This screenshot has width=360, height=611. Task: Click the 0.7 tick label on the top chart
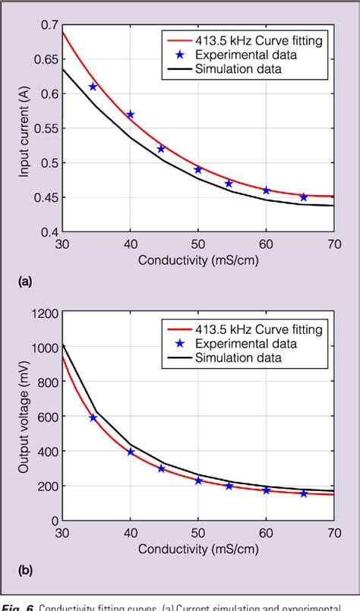coord(49,25)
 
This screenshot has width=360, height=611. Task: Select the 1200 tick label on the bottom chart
coord(44,313)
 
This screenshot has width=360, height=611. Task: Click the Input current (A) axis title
coord(24,128)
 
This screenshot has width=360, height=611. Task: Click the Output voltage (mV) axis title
coord(24,417)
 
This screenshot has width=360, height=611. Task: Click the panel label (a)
coord(26,282)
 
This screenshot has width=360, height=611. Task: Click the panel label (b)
coord(26,570)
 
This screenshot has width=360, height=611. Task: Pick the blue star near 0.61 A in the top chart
coord(93,87)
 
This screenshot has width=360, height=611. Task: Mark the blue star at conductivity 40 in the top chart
coord(131,115)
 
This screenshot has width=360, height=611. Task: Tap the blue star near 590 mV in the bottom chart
coord(93,417)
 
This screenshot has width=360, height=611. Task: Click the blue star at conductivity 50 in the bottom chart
coord(198,480)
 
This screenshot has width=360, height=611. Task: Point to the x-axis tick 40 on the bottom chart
coord(131,534)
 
